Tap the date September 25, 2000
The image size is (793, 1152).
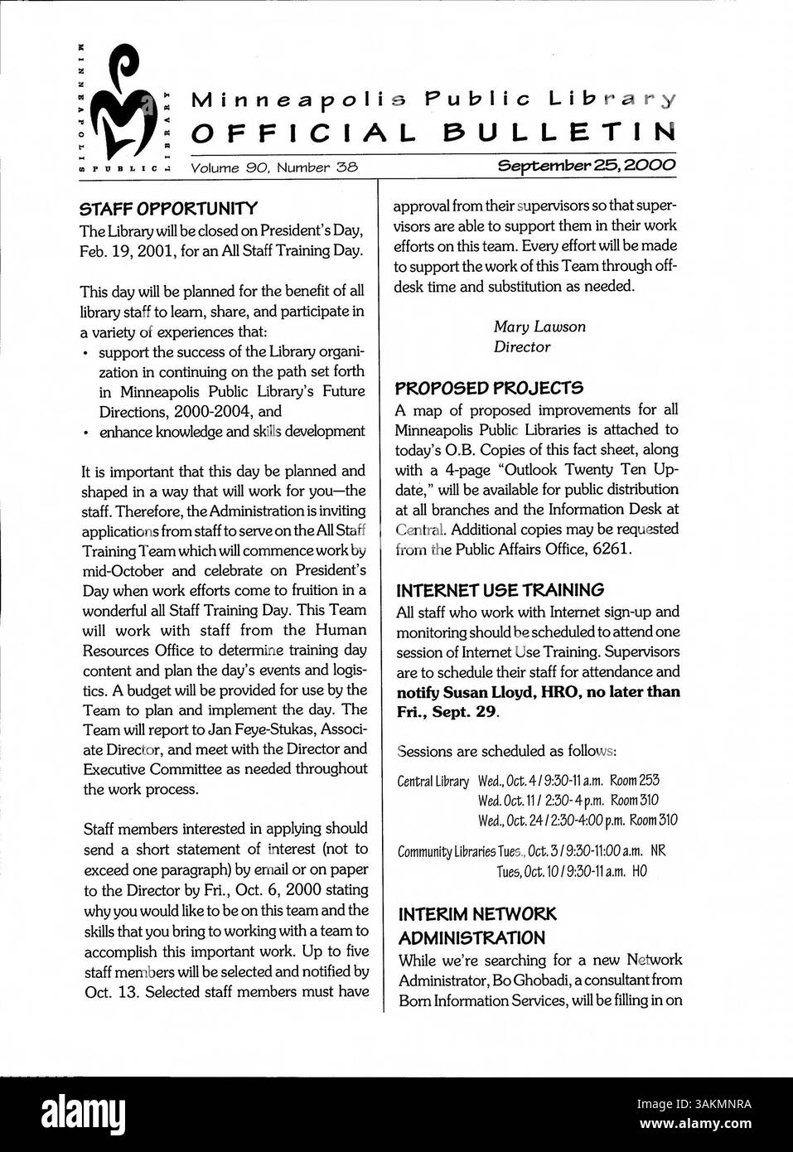(x=586, y=166)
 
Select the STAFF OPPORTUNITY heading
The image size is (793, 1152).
(x=169, y=208)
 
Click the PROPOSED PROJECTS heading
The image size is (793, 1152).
(x=489, y=388)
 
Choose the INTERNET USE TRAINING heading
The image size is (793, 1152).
(x=500, y=591)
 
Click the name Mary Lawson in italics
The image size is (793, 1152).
(x=539, y=327)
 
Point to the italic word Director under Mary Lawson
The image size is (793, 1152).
(x=522, y=347)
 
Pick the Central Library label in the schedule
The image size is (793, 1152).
(x=433, y=781)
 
